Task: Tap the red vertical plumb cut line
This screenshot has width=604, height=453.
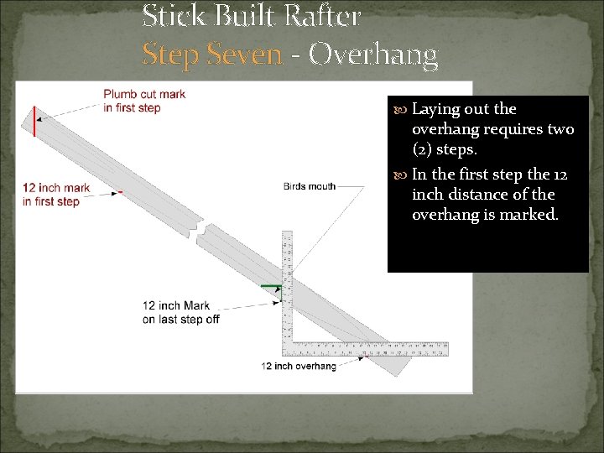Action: [34, 121]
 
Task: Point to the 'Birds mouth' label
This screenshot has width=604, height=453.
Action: [309, 186]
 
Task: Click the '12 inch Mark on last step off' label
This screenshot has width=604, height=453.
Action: [180, 312]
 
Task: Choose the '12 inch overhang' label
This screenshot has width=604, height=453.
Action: [299, 366]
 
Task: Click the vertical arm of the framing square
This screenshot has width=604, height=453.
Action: [287, 285]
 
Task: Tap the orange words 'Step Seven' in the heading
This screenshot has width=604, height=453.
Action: [211, 55]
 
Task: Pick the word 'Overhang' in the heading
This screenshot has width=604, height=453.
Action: [372, 55]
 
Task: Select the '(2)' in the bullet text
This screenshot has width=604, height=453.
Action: [422, 149]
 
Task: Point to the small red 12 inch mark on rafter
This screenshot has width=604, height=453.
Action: [121, 192]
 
